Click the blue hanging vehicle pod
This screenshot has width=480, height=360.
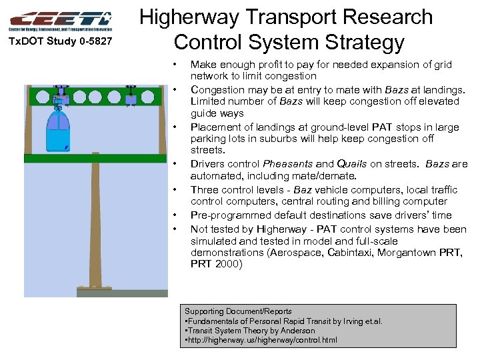coord(59,131)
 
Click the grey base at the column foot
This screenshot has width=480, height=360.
coord(103,292)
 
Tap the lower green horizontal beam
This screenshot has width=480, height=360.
coord(93,159)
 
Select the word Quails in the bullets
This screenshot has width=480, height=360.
coord(351,164)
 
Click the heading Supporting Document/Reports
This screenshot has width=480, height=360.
coord(238,311)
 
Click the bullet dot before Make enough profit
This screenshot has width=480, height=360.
coord(174,65)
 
